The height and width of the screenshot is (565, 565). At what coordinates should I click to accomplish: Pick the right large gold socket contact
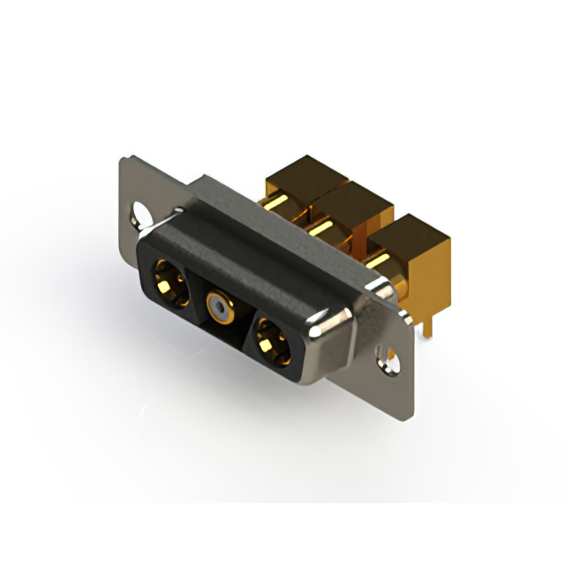(x=271, y=340)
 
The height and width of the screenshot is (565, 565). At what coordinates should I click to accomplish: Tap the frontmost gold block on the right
(x=411, y=243)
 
